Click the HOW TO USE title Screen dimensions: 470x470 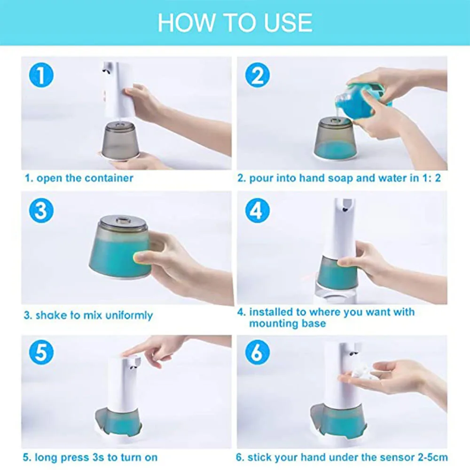pyautogui.click(x=235, y=23)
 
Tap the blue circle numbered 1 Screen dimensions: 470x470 pyautogui.click(x=41, y=75)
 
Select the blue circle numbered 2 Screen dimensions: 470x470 pyautogui.click(x=258, y=75)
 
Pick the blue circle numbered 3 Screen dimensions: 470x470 pyautogui.click(x=41, y=211)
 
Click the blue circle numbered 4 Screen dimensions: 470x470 pyautogui.click(x=258, y=211)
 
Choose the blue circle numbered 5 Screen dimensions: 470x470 pyautogui.click(x=41, y=352)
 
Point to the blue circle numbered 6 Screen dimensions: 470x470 pyautogui.click(x=258, y=352)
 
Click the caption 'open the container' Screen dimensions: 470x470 pyautogui.click(x=85, y=178)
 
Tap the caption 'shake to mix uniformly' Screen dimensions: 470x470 pyautogui.click(x=94, y=315)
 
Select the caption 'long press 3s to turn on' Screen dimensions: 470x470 pyautogui.click(x=96, y=458)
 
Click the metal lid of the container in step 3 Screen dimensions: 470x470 pyautogui.click(x=123, y=221)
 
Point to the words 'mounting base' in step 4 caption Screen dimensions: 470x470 pyautogui.click(x=288, y=323)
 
